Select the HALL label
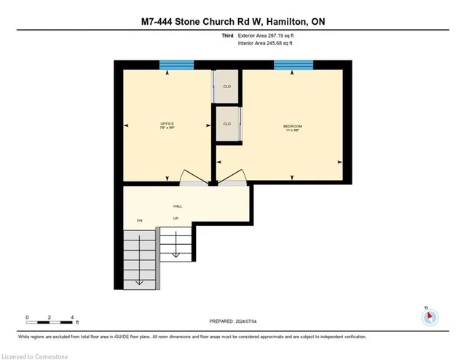click(x=178, y=206)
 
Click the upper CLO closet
click(x=227, y=86)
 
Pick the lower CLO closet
click(x=227, y=123)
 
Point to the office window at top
click(x=176, y=66)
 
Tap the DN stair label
click(x=139, y=219)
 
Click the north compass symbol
click(x=430, y=316)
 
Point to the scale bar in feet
click(x=50, y=318)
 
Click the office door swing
click(x=192, y=178)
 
